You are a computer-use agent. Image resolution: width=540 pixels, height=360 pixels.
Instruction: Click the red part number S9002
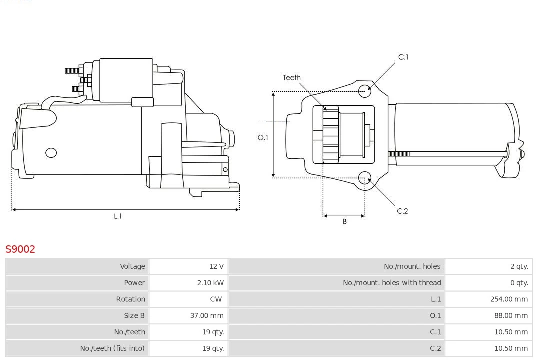click(20, 249)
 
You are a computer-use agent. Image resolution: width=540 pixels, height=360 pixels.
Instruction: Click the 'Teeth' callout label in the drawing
click(292, 77)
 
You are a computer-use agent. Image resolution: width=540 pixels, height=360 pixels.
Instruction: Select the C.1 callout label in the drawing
click(403, 57)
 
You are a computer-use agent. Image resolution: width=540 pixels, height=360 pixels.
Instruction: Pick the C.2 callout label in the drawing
click(402, 211)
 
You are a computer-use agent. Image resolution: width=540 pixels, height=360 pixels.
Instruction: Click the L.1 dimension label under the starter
click(118, 216)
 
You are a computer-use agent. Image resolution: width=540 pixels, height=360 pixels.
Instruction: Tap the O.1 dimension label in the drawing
click(263, 137)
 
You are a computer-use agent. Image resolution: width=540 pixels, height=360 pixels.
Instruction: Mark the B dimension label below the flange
click(344, 222)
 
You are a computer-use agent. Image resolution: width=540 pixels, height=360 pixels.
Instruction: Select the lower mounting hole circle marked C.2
click(365, 178)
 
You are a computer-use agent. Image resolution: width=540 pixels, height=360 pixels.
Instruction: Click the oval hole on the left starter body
click(51, 153)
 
